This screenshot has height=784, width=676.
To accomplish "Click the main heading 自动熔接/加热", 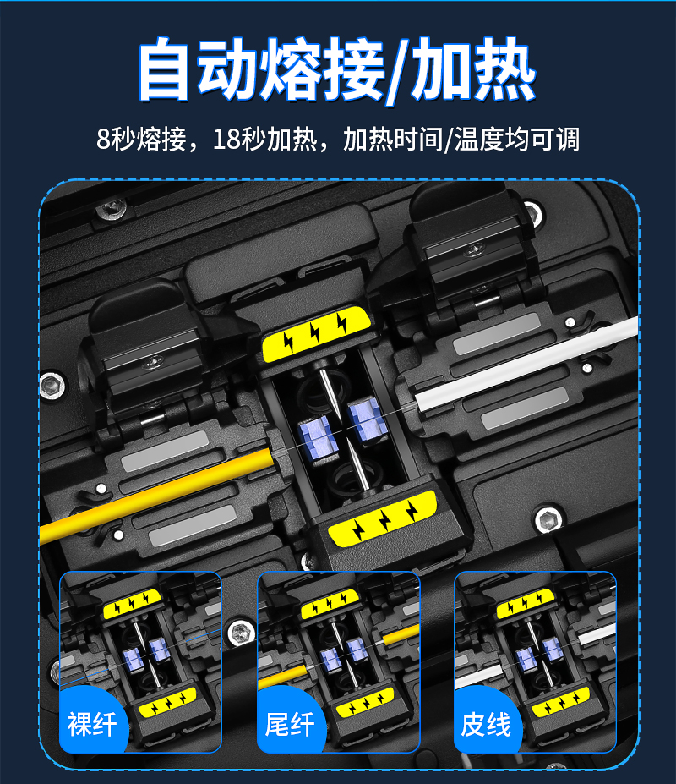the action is pos(337,69).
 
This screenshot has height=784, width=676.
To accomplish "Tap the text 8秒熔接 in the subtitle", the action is pos(141,139).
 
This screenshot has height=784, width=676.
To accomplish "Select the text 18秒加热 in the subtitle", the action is pos(264,139).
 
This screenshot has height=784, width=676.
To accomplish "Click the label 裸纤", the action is pos(92,724).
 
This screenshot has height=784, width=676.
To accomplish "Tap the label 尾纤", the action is pos(290,724).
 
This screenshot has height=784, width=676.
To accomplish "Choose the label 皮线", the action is pos(486,724).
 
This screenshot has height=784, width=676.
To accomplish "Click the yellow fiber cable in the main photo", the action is pos(156,494).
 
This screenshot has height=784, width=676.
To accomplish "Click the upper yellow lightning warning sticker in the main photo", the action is pos(316,333).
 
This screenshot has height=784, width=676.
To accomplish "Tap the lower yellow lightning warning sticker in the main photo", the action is pos(383,518).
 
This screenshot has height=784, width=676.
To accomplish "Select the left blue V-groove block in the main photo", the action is pos(316,438).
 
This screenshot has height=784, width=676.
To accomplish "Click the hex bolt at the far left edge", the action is pos(52,386).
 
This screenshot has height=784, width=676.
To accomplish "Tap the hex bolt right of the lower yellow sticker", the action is pos(548,520).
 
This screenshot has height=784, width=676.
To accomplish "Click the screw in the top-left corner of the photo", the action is pos(111,209).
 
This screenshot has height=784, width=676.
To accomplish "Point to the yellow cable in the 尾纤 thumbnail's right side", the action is pos(401,634).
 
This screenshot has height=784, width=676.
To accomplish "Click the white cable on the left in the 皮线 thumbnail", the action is pos(478,676).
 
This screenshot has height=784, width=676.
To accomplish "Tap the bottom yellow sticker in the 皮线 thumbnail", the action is pos(560,702).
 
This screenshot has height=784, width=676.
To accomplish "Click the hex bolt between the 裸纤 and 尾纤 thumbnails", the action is pos(241,633).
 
